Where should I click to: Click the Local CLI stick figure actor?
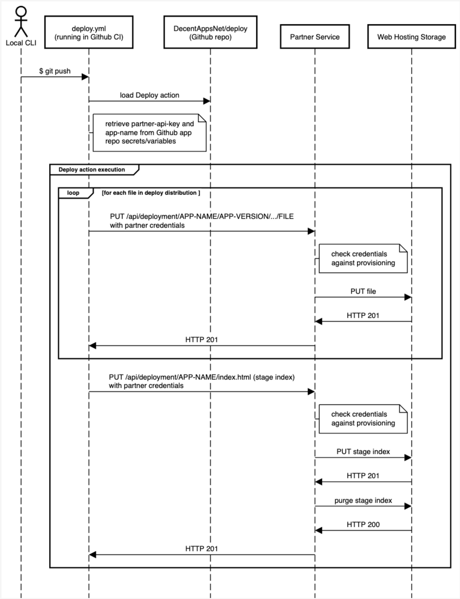[21, 22]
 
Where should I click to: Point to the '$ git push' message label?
[55, 71]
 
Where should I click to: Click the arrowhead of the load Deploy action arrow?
[207, 101]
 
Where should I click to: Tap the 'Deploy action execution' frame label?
[92, 170]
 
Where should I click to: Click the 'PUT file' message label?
[363, 291]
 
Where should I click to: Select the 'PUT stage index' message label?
[363, 452]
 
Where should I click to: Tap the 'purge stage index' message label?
[363, 500]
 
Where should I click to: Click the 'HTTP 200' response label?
[363, 525]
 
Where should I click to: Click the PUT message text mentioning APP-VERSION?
[202, 221]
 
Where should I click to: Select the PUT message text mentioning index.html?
[202, 381]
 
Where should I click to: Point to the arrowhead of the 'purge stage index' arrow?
[408, 506]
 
